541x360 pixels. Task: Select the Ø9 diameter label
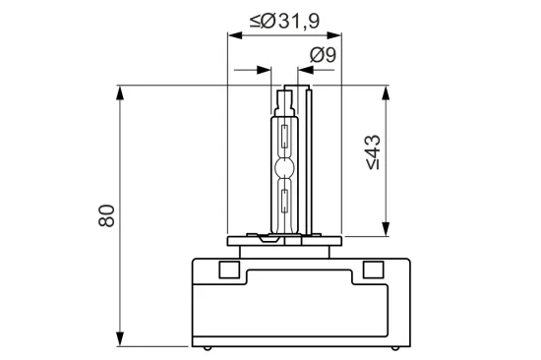coord(323,56)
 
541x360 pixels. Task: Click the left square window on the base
coord(227,269)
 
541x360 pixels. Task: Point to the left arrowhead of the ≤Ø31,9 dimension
coord(234,35)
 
